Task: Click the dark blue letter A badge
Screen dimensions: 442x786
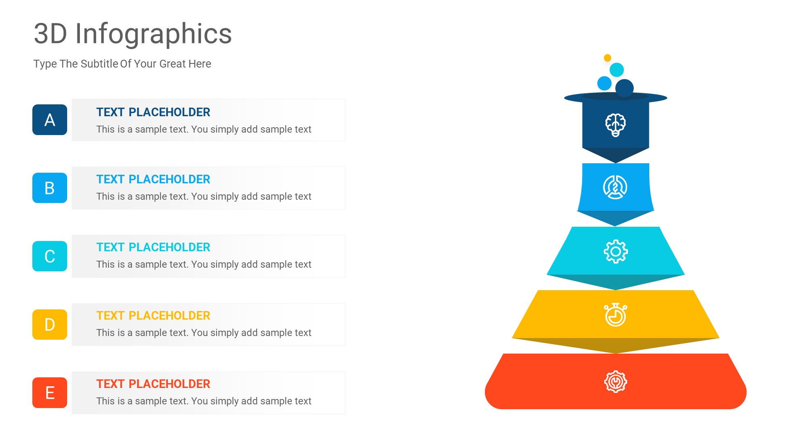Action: point(50,120)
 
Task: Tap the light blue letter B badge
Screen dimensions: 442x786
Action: point(50,188)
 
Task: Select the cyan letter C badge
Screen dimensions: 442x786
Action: point(50,256)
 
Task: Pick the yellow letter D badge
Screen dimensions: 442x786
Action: point(50,325)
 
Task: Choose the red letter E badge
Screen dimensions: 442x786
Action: point(50,392)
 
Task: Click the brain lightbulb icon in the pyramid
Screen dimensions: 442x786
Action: point(615,124)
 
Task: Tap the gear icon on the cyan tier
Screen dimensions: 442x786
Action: point(615,251)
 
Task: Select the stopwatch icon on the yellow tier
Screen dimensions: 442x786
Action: point(615,315)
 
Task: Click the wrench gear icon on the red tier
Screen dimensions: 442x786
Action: point(615,382)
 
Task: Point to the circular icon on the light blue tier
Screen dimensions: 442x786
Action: point(615,187)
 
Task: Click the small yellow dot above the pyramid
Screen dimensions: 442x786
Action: point(608,58)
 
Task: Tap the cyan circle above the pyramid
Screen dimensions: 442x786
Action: point(617,70)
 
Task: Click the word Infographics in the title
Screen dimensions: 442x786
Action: point(154,34)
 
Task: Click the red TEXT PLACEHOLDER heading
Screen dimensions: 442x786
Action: point(153,384)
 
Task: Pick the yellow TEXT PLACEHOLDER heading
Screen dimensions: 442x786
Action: point(153,316)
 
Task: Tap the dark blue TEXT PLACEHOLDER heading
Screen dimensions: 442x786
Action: point(153,112)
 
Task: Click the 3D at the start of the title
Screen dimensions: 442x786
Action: point(50,34)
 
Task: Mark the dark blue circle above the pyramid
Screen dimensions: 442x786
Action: point(624,88)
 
